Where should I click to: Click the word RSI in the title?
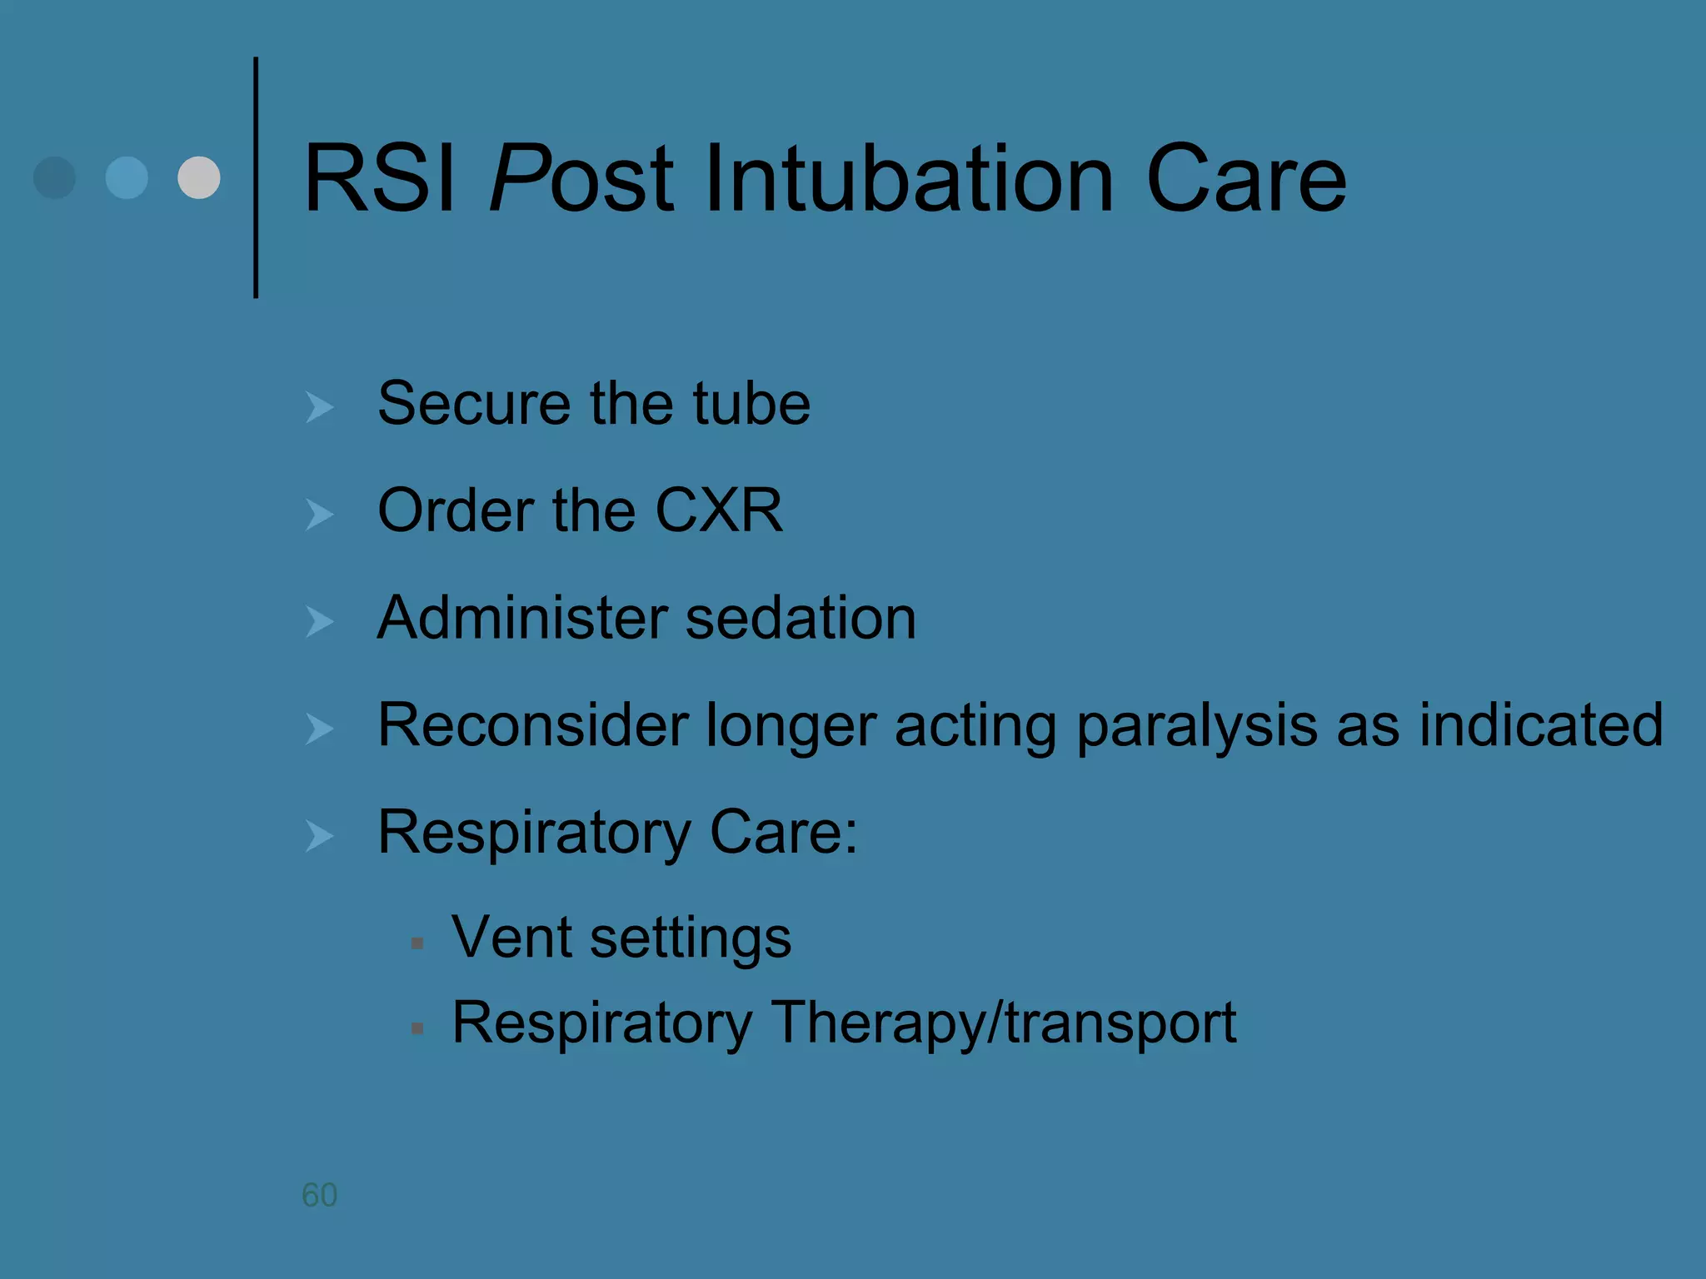379,179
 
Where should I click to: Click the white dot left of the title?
199,177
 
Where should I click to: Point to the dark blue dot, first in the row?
54,177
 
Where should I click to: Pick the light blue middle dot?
127,177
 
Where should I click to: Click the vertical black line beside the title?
256,177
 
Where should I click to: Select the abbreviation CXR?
718,510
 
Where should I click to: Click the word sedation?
800,618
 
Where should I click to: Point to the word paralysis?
1196,726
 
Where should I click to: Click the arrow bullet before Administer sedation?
319,621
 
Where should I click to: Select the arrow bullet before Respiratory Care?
319,835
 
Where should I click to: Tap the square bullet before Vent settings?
417,943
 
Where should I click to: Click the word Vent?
511,938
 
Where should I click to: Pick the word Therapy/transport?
1003,1023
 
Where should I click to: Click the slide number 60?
319,1195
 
